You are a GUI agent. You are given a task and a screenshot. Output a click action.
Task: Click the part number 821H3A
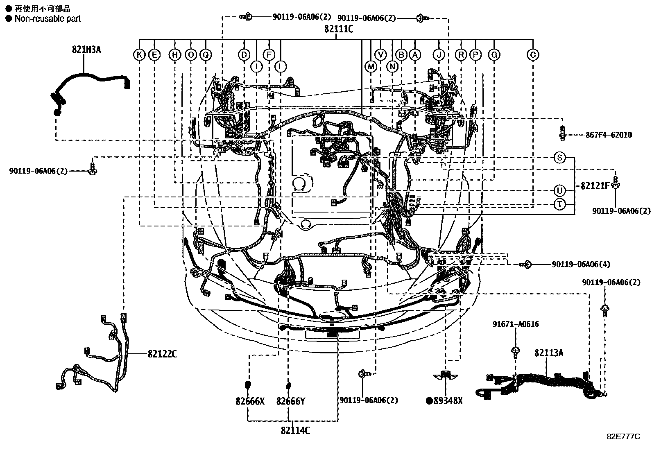click(86, 50)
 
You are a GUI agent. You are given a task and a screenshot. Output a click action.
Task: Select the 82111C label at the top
click(338, 29)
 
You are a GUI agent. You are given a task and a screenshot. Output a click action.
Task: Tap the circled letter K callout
click(140, 54)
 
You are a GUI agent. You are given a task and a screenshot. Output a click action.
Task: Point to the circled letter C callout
click(533, 54)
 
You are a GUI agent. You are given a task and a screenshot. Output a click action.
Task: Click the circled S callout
click(559, 157)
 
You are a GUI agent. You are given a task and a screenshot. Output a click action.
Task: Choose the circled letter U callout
click(559, 190)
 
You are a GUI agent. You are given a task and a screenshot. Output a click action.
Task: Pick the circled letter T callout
click(559, 204)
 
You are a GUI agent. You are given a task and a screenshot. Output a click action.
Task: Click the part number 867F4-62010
click(609, 135)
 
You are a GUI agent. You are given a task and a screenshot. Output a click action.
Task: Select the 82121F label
click(595, 185)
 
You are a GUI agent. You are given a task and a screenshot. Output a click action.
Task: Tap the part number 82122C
click(162, 354)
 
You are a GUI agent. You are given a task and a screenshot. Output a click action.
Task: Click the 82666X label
click(250, 401)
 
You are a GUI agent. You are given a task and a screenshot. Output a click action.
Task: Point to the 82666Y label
click(291, 401)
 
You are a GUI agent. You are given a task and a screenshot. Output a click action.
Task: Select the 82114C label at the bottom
click(295, 430)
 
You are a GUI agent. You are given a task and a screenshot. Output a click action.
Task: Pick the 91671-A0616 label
click(515, 324)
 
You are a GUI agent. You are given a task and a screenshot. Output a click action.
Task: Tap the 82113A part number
click(548, 353)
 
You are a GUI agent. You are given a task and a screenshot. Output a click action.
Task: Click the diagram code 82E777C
click(623, 436)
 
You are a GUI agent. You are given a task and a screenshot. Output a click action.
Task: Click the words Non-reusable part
click(48, 18)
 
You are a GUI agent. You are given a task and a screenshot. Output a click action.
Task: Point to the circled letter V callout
click(381, 54)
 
